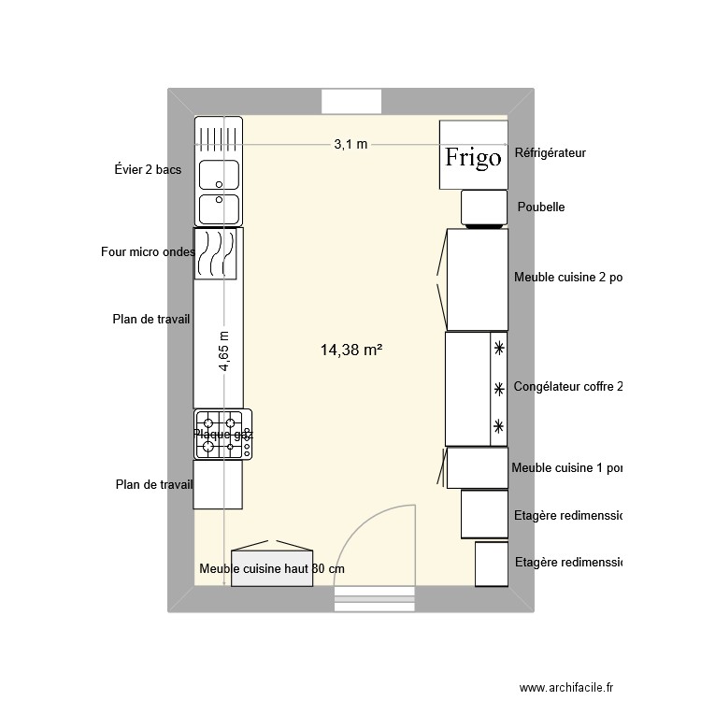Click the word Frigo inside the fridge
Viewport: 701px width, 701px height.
pos(473,157)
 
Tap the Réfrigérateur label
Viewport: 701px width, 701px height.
pos(550,152)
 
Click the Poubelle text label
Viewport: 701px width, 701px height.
pos(539,207)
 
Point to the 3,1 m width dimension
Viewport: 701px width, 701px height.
pos(350,144)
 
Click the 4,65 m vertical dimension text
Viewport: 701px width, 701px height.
pos(224,352)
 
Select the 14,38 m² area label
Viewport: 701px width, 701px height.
pos(352,350)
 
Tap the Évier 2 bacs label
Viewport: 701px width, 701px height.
pos(148,169)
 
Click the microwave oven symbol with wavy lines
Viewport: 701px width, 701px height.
pos(216,254)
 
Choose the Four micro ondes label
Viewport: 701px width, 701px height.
pos(148,251)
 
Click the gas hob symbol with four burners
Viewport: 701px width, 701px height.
pos(222,435)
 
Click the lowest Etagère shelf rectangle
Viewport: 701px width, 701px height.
pos(491,564)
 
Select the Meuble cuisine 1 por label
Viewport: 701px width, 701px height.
pos(566,467)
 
